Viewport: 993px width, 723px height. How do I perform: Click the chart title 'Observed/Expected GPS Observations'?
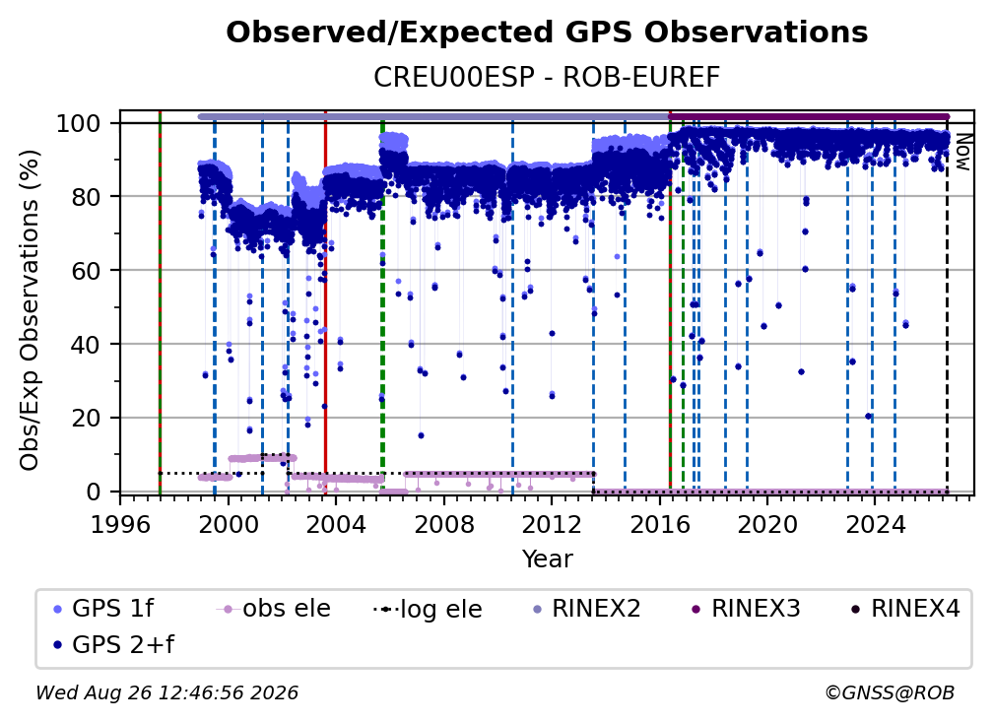[547, 33]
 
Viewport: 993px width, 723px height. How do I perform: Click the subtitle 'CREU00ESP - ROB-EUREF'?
[547, 78]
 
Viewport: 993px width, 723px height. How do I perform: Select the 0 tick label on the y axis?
[94, 492]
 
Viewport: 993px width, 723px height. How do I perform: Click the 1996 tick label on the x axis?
[120, 525]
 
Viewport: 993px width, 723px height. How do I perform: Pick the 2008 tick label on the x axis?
[444, 525]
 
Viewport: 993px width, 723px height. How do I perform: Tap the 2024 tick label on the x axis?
[875, 525]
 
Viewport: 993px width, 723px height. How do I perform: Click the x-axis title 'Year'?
[547, 559]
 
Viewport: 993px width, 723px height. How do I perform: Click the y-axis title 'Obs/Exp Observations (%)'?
[30, 310]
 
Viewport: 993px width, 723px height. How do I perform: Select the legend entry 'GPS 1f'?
[103, 609]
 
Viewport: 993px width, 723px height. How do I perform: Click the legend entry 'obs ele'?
[274, 609]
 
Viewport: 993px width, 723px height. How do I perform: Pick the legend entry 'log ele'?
[429, 610]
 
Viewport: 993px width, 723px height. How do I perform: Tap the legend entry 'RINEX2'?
[587, 609]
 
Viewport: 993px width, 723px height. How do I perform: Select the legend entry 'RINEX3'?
[746, 609]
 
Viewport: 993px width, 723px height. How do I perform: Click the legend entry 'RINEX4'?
[906, 609]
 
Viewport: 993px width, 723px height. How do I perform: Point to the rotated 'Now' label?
[962, 153]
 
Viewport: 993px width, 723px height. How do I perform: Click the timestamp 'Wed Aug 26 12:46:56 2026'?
[167, 693]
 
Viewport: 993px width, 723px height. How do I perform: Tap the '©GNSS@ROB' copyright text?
[890, 693]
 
